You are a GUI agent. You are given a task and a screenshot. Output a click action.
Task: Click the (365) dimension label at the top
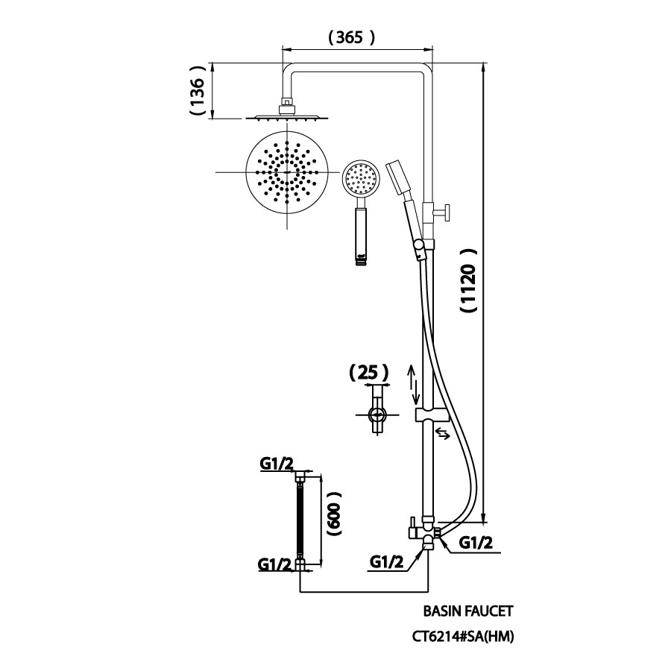pos(350,36)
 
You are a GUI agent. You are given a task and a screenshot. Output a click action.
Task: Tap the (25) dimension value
pos(370,372)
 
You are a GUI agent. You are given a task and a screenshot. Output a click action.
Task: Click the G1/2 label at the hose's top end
pos(276,464)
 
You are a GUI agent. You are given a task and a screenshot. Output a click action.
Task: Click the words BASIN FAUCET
pos(468,611)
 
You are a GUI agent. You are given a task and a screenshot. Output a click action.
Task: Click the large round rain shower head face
pos(286,172)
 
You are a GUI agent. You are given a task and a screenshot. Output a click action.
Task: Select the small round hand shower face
pos(361,179)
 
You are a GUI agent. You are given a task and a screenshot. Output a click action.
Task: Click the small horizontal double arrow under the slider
pos(442,433)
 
